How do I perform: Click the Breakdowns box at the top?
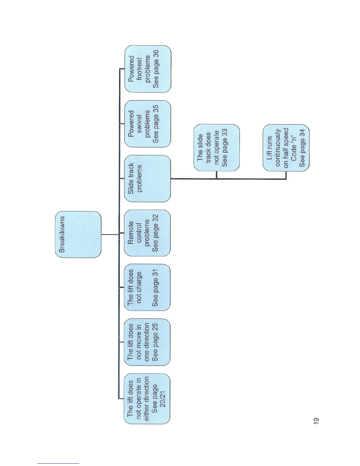coord(78,234)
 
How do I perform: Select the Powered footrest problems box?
coord(148,69)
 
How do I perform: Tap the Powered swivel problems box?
coord(148,124)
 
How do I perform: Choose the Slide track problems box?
coord(147,179)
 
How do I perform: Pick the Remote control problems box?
coord(147,233)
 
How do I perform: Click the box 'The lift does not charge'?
coord(147,287)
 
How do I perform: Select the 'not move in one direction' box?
coord(147,342)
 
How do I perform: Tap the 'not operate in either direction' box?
coord(147,399)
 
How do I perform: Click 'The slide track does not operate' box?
coord(216,148)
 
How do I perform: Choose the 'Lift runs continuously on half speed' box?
coord(286,148)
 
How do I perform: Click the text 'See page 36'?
coord(156,69)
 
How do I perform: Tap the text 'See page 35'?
coord(156,124)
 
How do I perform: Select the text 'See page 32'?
coord(155,233)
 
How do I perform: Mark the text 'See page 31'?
coord(155,287)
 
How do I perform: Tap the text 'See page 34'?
coord(302,148)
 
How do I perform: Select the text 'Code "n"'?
coord(294,148)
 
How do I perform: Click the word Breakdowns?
coord(62,234)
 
